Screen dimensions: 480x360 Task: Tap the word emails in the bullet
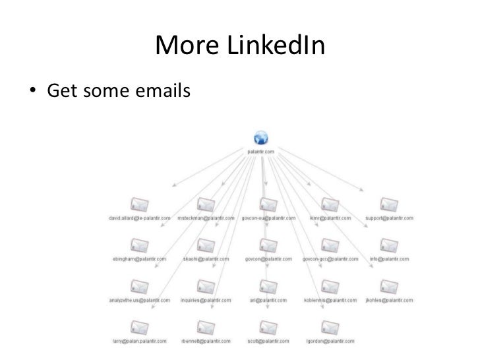click(x=158, y=90)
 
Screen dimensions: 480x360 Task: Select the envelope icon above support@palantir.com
click(x=388, y=204)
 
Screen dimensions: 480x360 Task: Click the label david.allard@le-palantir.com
click(x=138, y=218)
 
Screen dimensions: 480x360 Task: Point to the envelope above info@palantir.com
click(x=388, y=245)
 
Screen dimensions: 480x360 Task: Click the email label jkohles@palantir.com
click(x=389, y=300)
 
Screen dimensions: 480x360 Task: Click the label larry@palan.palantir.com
click(x=138, y=342)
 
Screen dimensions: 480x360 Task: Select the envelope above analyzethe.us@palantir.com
click(x=138, y=286)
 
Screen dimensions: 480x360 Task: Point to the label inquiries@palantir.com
click(x=207, y=300)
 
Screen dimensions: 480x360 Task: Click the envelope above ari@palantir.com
click(x=266, y=286)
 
